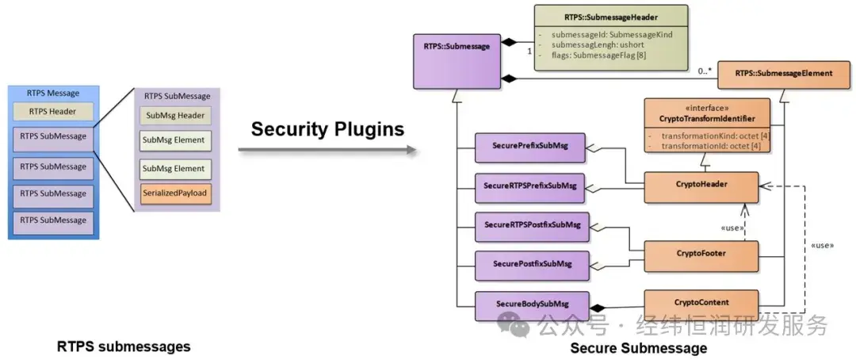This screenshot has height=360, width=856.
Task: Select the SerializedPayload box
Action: pyautogui.click(x=176, y=193)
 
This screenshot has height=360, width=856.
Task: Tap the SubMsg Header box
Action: pyautogui.click(x=176, y=116)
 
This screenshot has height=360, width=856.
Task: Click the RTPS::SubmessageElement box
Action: pyautogui.click(x=783, y=73)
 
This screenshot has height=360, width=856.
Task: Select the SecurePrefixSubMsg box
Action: pyautogui.click(x=532, y=147)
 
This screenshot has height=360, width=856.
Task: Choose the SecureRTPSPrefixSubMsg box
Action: pyautogui.click(x=532, y=186)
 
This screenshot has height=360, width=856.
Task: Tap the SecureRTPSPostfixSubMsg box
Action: pyautogui.click(x=532, y=225)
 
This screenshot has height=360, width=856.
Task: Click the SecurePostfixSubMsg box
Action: pyautogui.click(x=532, y=264)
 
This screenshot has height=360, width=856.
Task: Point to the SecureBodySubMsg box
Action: pyautogui.click(x=532, y=304)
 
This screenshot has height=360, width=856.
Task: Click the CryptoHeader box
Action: pyautogui.click(x=701, y=185)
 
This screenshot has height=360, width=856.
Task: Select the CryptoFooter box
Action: pyautogui.click(x=701, y=255)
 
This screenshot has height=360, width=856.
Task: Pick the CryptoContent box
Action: pyautogui.click(x=701, y=302)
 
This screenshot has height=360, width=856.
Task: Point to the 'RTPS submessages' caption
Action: pyautogui.click(x=124, y=347)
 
